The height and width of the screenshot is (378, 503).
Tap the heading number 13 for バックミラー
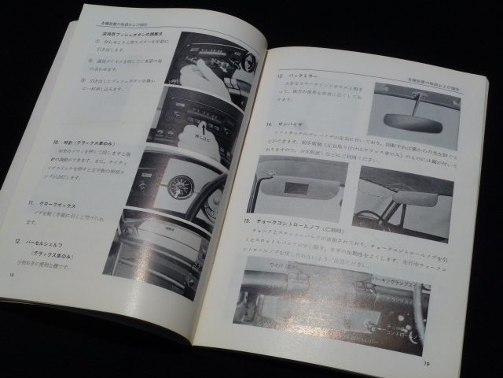(x=279, y=76)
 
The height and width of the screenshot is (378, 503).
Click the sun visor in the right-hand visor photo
(x=393, y=196)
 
